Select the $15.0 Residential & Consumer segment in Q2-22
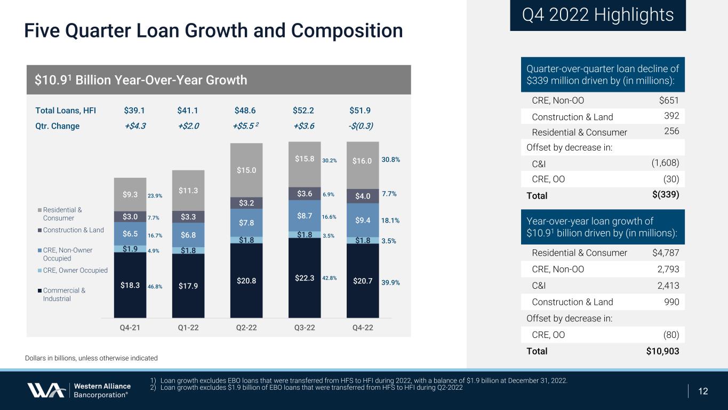click(x=246, y=170)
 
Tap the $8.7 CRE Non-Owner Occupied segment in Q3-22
click(x=305, y=216)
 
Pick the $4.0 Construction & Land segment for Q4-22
click(x=363, y=195)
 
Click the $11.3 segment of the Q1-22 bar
click(x=188, y=190)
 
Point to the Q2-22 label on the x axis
click(x=246, y=328)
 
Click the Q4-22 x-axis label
click(x=363, y=328)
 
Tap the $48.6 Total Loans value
click(x=245, y=111)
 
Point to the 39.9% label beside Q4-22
click(x=391, y=282)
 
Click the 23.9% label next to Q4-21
click(x=155, y=196)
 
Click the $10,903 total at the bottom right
click(x=659, y=351)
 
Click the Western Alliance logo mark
click(x=46, y=390)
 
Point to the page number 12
click(x=703, y=391)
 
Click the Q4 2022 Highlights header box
click(x=597, y=15)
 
